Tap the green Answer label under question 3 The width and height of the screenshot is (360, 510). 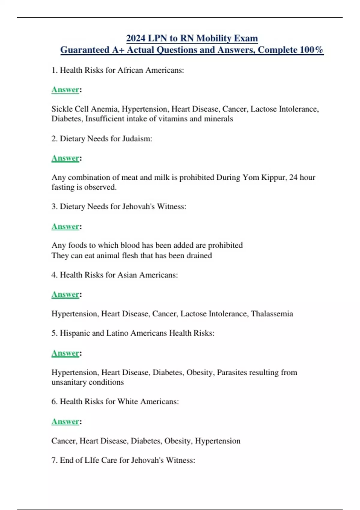65,226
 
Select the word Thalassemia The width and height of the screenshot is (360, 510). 272,314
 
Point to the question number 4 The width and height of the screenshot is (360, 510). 54,275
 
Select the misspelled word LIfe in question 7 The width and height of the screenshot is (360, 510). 92,460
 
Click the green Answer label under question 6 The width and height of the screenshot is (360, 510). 65,421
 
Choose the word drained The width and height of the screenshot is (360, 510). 199,256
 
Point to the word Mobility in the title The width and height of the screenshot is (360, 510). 214,38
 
